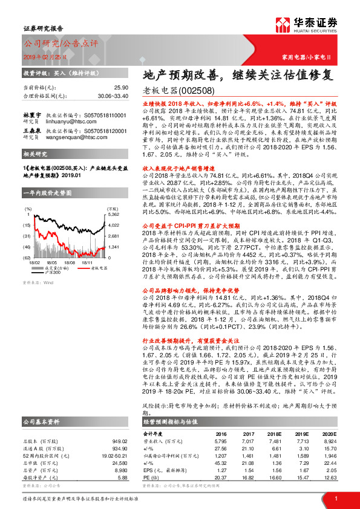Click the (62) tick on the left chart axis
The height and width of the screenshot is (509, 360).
point(27,241)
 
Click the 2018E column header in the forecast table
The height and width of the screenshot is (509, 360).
point(275,434)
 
